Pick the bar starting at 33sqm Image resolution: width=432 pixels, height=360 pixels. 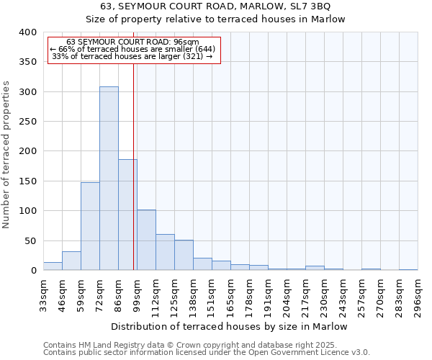pyautogui.click(x=53, y=266)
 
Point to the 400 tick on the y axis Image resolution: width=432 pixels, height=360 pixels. pyautogui.click(x=27, y=32)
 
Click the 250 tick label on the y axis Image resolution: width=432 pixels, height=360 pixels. pyautogui.click(x=27, y=122)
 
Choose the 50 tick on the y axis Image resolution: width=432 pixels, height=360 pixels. pyautogui.click(x=30, y=240)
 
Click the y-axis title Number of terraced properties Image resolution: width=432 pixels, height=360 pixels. pyautogui.click(x=6, y=154)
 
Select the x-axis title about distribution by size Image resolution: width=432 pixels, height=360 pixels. pyautogui.click(x=230, y=327)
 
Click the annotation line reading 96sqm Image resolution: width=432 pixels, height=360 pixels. pyautogui.click(x=132, y=42)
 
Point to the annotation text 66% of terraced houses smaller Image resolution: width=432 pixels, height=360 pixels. pyautogui.click(x=132, y=49)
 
